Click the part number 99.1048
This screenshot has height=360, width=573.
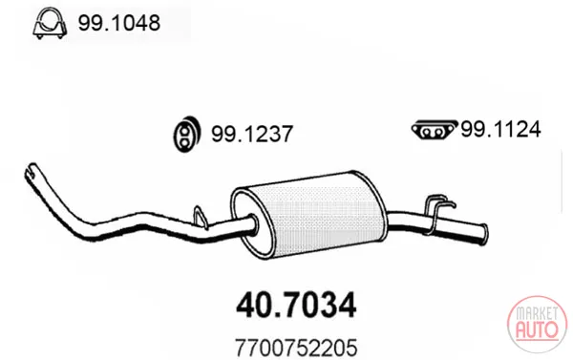[x=118, y=23]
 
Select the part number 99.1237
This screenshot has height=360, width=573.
[x=252, y=134]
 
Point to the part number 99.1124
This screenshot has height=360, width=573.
[x=500, y=129]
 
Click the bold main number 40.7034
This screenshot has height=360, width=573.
[x=296, y=306]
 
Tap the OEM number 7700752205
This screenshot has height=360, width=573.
[x=296, y=348]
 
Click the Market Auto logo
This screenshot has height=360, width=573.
[x=537, y=325]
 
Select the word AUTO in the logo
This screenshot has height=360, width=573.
[x=537, y=328]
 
